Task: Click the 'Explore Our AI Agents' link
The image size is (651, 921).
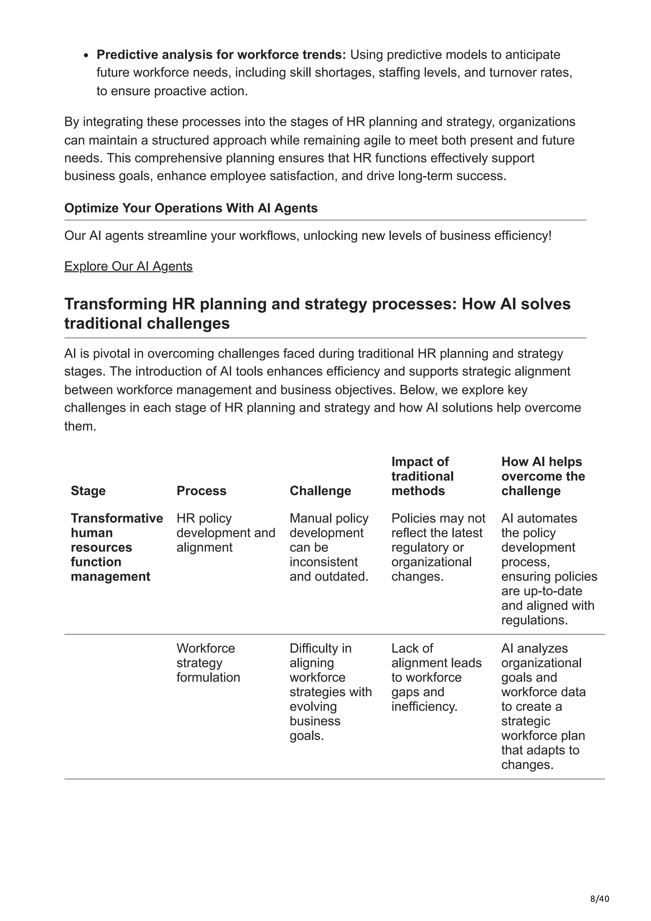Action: pos(128,266)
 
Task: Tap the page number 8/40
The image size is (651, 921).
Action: pos(599,899)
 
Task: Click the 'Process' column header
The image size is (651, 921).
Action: pos(201,491)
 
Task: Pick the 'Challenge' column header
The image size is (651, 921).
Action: pos(320,491)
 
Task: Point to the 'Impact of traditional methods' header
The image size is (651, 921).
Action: pos(422,476)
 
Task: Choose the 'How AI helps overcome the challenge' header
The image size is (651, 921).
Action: pos(543,476)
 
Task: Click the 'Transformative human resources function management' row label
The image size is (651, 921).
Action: pos(117,547)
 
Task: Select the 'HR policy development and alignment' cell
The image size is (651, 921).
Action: pos(226,533)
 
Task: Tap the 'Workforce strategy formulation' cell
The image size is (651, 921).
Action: pos(208,663)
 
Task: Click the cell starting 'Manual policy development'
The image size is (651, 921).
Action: pos(329,547)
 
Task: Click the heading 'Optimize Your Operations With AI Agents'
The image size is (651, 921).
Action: pos(191,208)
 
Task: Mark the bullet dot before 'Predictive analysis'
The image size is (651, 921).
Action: pos(86,55)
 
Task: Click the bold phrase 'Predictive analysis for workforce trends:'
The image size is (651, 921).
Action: pos(221,55)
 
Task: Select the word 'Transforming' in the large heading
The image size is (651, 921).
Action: pos(115,304)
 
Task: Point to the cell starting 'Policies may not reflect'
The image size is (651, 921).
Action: pos(438,547)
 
